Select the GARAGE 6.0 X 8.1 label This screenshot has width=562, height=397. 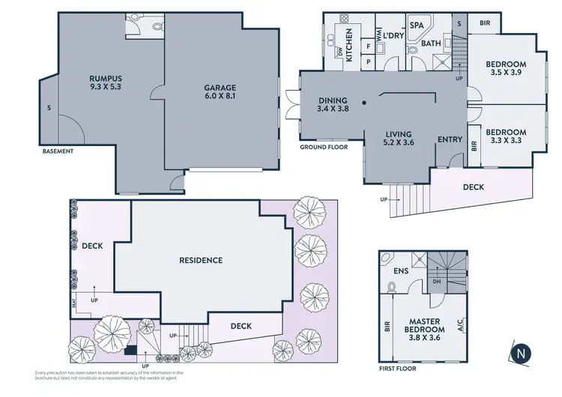[x=220, y=92]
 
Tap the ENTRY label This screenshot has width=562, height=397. [x=450, y=139]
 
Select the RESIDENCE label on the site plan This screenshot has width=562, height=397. [x=200, y=261]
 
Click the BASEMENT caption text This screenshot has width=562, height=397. [x=58, y=151]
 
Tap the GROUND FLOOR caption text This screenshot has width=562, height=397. [x=321, y=147]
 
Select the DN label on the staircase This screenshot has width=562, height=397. [x=438, y=282]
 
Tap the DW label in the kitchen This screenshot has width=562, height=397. [x=339, y=51]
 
